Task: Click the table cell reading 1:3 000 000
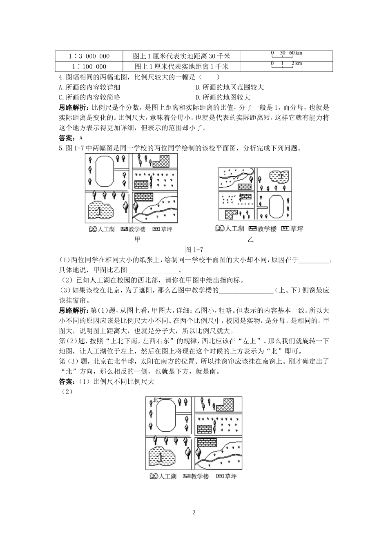click(x=89, y=56)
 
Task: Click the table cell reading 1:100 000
click(x=89, y=66)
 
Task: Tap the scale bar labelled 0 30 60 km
click(x=286, y=54)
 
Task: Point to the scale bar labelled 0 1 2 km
click(x=286, y=64)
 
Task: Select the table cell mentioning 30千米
click(x=182, y=56)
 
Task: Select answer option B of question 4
click(x=230, y=87)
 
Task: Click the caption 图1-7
click(x=194, y=250)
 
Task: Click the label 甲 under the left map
click(x=137, y=239)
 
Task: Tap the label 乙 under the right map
click(x=250, y=239)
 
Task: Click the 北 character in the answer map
click(x=155, y=400)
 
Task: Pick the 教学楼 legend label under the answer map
click(x=200, y=476)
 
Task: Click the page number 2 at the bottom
click(x=194, y=513)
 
